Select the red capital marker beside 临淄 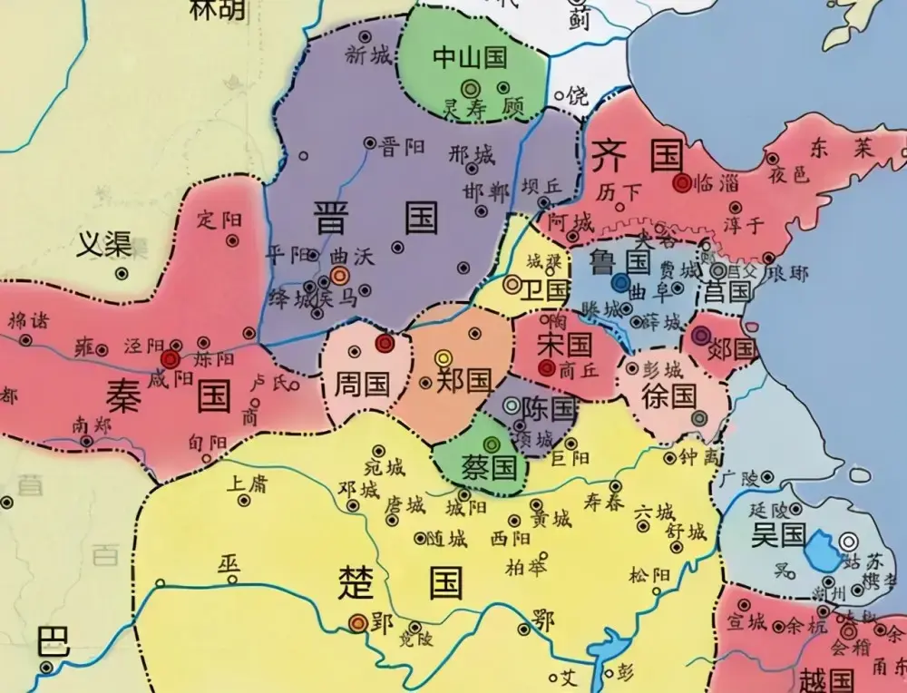coord(682,182)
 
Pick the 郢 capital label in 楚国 coord(381,624)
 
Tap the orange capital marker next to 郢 coord(357,622)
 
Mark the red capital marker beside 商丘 coord(546,367)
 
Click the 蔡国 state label coord(492,467)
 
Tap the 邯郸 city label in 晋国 coord(486,191)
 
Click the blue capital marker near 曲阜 coord(619,283)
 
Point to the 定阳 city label coord(219,220)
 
